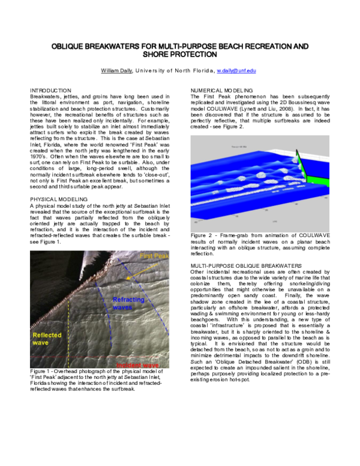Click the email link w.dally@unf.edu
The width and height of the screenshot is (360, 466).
[236, 70]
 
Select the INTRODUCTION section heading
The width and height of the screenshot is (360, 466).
[50, 90]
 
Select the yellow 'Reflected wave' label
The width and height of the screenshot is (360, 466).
[46, 339]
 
